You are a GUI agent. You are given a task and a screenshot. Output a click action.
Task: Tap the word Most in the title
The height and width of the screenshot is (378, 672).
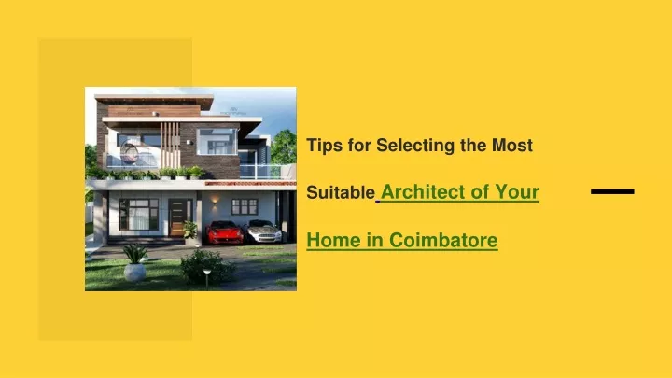(x=512, y=146)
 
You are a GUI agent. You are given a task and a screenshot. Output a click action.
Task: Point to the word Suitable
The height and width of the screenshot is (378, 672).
(x=341, y=192)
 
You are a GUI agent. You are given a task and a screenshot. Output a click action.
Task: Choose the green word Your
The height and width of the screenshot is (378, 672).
(x=517, y=191)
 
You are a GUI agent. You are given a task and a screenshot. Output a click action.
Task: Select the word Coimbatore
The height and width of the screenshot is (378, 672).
(x=443, y=240)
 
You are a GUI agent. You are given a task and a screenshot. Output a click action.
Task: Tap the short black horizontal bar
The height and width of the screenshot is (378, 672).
(x=612, y=191)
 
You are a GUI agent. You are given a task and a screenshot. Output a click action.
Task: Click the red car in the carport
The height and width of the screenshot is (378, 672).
(x=224, y=232)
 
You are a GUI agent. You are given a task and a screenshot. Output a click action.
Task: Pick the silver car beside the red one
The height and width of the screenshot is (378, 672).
(x=263, y=231)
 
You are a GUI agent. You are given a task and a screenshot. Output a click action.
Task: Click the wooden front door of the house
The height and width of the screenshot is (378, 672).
(x=177, y=217)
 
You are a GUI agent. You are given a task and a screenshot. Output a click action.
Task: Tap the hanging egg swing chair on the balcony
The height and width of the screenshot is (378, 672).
(x=129, y=153)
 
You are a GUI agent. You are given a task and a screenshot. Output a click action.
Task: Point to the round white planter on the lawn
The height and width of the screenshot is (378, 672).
(x=134, y=273)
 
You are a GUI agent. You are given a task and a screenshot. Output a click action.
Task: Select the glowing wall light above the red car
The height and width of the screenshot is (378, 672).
(x=215, y=200)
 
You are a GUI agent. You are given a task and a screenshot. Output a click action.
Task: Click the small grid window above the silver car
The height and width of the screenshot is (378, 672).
(x=245, y=206)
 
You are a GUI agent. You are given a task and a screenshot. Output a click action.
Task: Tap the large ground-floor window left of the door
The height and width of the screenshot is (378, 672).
(x=138, y=215)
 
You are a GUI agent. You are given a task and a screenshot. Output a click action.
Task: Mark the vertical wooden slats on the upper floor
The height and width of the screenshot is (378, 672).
(x=170, y=146)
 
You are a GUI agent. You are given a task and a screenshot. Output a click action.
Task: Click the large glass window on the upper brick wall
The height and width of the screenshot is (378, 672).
(x=217, y=142)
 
